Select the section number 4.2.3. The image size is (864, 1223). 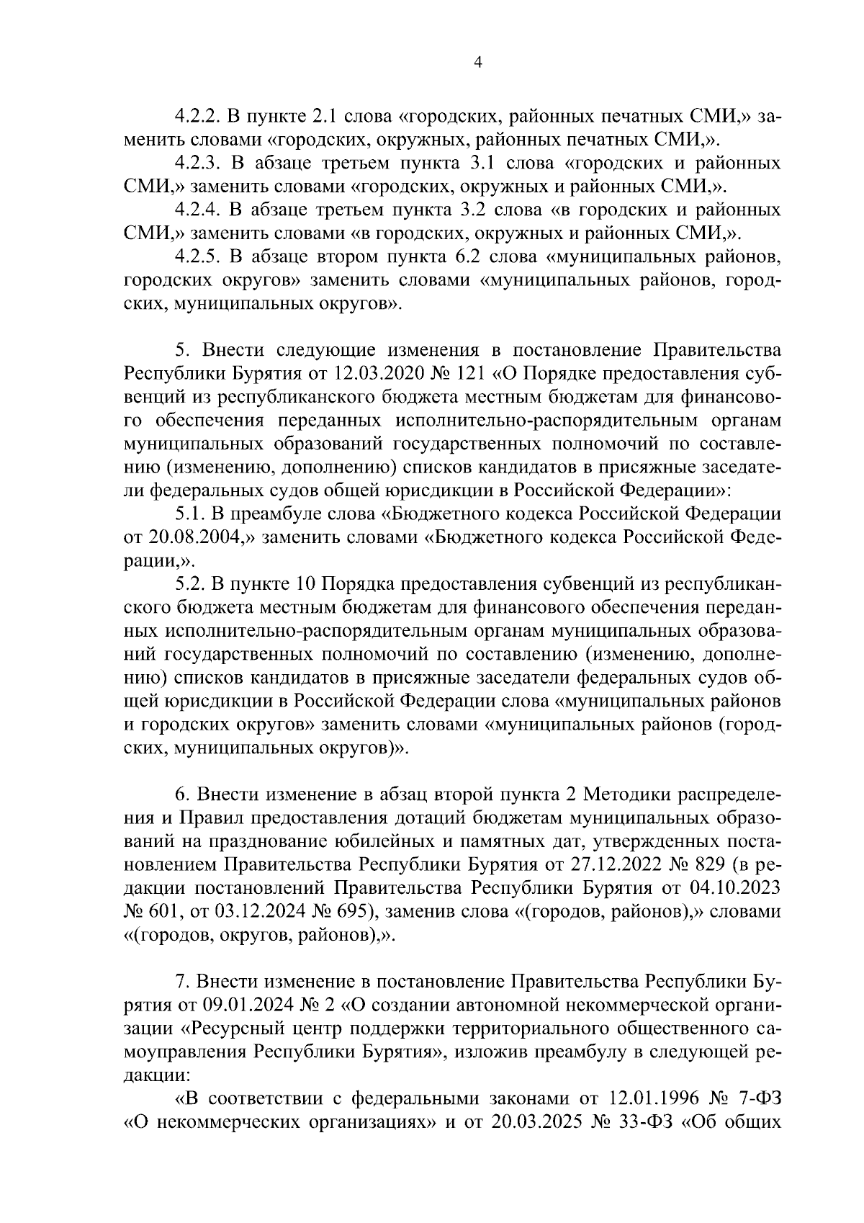coord(198,163)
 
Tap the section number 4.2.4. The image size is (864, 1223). coord(198,210)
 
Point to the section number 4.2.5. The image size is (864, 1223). coord(198,257)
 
